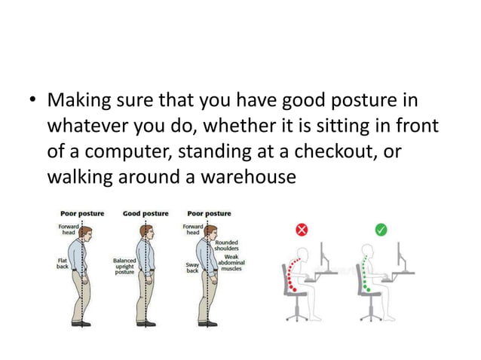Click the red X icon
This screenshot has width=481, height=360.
(x=302, y=230)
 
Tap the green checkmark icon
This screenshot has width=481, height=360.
(x=381, y=230)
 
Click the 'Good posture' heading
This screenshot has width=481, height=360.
(x=146, y=213)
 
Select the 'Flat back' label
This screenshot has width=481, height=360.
(x=64, y=265)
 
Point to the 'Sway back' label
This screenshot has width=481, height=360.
(x=191, y=268)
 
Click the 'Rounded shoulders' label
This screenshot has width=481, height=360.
(x=227, y=246)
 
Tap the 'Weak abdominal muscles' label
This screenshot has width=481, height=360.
(x=231, y=263)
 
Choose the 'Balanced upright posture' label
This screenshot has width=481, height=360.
(x=124, y=267)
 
